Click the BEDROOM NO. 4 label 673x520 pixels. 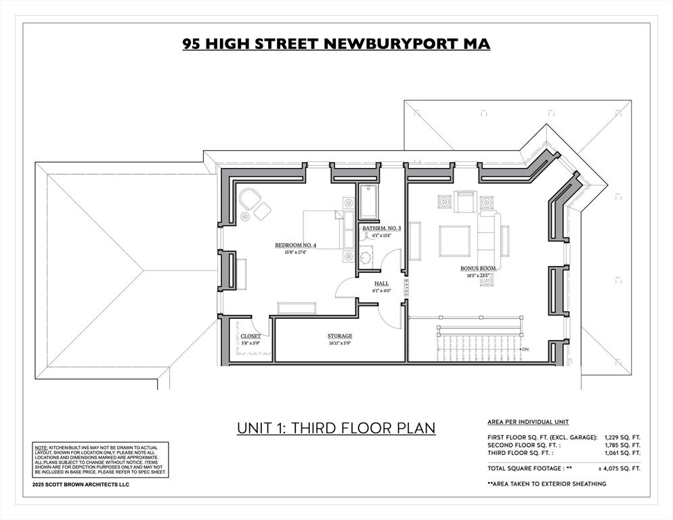coord(295,244)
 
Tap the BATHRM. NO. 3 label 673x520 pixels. coord(381,229)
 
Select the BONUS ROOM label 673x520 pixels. coord(478,269)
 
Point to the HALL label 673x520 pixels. coord(381,284)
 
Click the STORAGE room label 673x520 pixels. coord(339,336)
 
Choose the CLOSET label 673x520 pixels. coord(250,336)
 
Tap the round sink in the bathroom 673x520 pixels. coord(366,257)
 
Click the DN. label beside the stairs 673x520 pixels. coord(525,349)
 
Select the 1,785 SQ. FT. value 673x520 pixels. coord(622,446)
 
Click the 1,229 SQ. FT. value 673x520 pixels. coord(622,437)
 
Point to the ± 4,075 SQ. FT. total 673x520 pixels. coord(619,468)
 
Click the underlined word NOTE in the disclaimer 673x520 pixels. coord(41,448)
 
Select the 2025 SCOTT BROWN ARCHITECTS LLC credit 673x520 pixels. coord(81,485)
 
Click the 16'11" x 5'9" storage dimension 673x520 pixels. coord(339,343)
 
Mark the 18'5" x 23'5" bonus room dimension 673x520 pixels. coord(478,276)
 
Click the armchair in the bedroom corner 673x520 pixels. coord(249,200)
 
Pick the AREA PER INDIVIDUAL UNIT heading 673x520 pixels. coord(528,422)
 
